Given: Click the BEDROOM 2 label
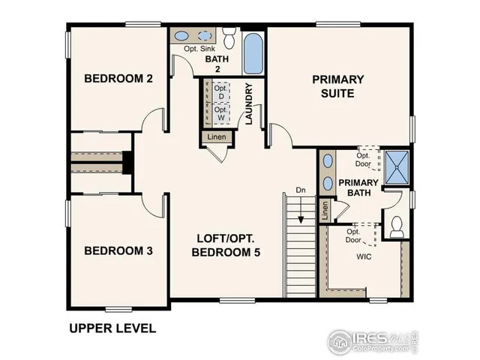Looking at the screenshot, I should pyautogui.click(x=118, y=78).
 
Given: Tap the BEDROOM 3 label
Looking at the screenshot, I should pyautogui.click(x=118, y=250).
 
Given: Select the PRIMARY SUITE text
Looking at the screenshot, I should pyautogui.click(x=337, y=85).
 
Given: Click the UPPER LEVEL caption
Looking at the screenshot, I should pyautogui.click(x=112, y=328).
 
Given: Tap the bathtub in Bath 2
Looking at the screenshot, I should pyautogui.click(x=253, y=50).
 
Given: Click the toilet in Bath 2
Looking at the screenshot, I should pyautogui.click(x=229, y=37).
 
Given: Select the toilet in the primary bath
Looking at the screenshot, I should pyautogui.click(x=397, y=226).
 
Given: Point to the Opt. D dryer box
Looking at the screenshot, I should pyautogui.click(x=220, y=93).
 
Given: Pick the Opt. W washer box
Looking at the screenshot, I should pyautogui.click(x=220, y=114).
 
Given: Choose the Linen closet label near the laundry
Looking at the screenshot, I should pyautogui.click(x=216, y=137).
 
